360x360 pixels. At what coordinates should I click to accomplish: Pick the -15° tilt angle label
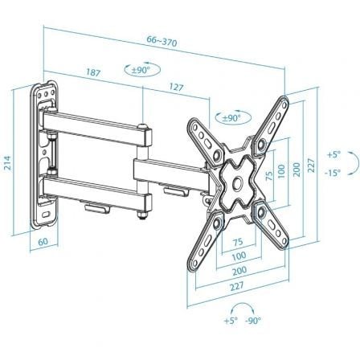[333, 171]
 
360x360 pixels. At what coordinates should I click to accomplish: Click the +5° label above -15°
[333, 153]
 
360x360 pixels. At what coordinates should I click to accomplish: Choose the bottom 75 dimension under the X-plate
[238, 243]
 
